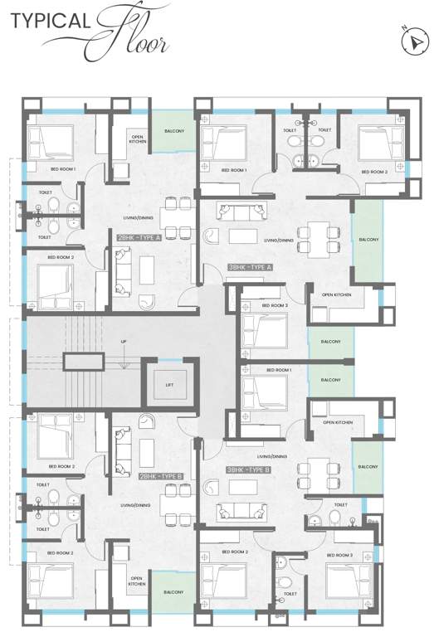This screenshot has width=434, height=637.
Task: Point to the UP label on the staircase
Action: (x=124, y=342)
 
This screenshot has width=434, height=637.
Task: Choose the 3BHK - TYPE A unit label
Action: (x=250, y=267)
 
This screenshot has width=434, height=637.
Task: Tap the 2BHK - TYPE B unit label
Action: (x=159, y=475)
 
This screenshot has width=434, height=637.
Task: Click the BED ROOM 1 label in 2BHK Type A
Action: (x=63, y=169)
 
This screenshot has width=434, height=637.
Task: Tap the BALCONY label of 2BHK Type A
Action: (x=174, y=131)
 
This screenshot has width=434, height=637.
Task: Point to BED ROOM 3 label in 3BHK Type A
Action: (x=276, y=305)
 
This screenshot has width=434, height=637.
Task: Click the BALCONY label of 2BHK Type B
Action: (x=173, y=592)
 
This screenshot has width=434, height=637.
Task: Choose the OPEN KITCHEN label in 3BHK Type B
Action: (x=338, y=423)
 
